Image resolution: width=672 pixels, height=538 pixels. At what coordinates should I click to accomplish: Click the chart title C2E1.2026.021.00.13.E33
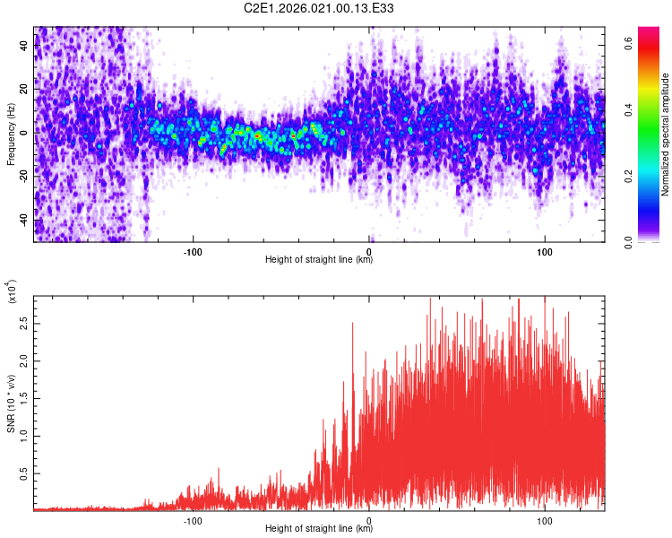[319, 8]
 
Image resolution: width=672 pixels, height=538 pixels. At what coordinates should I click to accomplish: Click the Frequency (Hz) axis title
[11, 134]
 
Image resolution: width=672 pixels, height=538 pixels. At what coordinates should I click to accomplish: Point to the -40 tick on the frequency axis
[25, 220]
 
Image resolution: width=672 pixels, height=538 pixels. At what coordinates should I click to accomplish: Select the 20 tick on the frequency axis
[25, 88]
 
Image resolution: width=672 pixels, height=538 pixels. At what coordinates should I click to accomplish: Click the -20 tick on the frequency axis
[25, 176]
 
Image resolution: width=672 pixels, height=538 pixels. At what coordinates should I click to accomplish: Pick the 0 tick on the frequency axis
[25, 132]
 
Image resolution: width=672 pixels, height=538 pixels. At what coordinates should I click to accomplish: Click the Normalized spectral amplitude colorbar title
[666, 134]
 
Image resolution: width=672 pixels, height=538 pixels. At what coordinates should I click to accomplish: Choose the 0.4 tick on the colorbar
[630, 108]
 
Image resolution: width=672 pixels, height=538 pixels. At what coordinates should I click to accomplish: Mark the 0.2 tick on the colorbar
[630, 175]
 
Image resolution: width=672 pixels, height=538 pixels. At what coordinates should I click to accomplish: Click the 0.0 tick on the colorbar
[630, 241]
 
